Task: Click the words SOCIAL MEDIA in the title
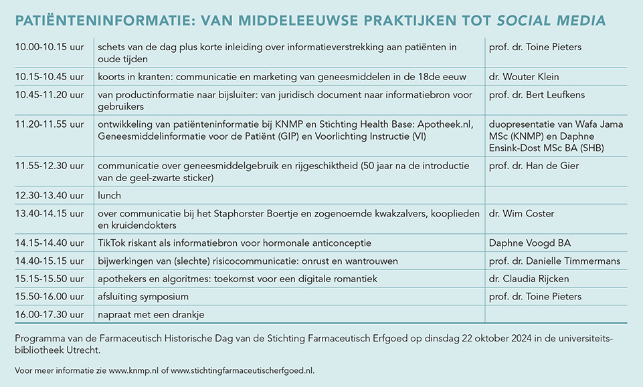(x=552, y=21)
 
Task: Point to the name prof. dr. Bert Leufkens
(x=537, y=95)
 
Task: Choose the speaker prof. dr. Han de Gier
(x=534, y=166)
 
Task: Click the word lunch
(x=109, y=196)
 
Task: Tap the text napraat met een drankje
(x=151, y=313)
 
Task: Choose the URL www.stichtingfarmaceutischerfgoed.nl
(x=242, y=370)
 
